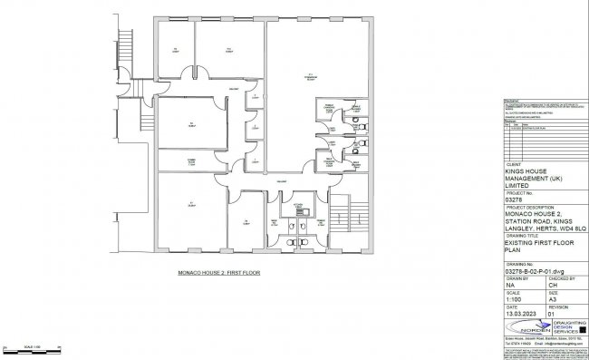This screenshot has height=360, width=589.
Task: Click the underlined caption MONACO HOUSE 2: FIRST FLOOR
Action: pos(212,271)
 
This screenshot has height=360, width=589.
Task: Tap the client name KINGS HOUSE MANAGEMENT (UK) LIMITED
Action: pos(538,179)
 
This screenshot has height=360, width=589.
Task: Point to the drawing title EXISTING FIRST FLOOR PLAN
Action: pos(538,249)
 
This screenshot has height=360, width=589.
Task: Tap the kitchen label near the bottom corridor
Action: pos(296,208)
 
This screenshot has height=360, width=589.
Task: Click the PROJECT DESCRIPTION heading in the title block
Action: pos(529,206)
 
